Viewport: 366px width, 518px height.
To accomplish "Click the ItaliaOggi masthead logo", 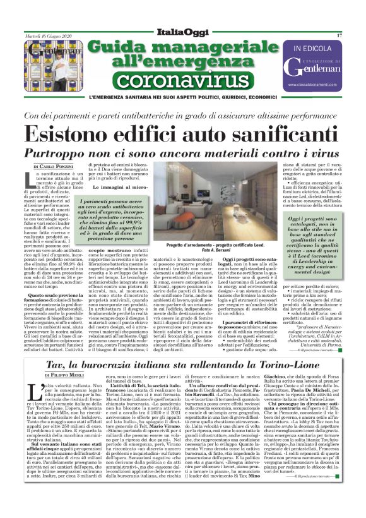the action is pos(182,32).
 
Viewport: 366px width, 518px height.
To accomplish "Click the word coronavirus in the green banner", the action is pos(182,81).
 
